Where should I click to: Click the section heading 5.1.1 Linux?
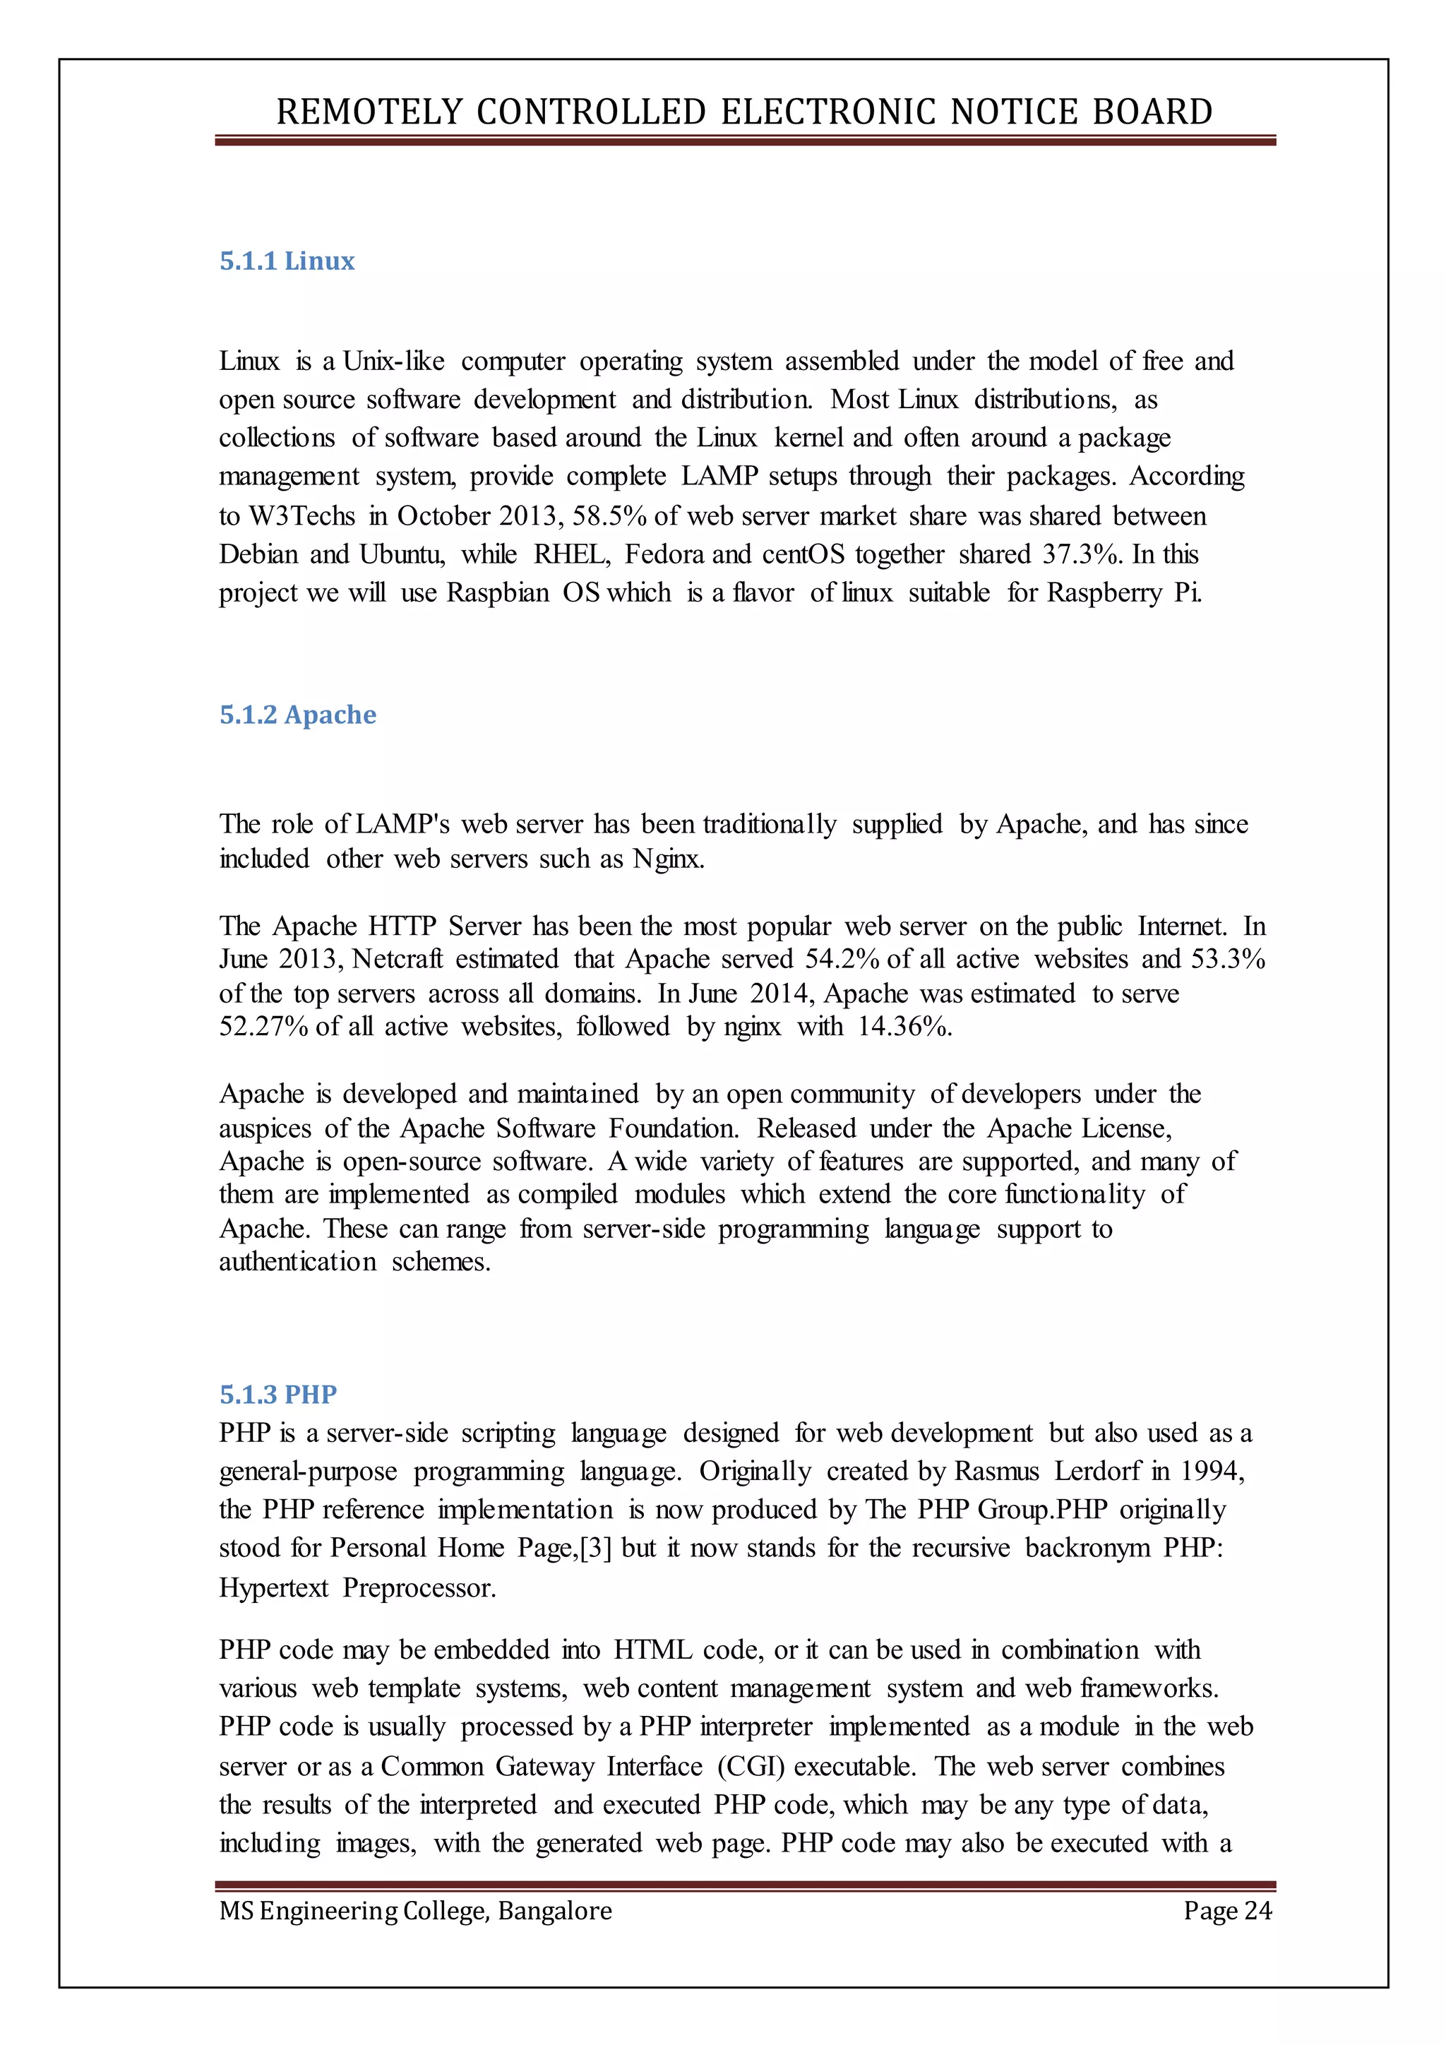(287, 261)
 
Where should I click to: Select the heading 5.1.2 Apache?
(297, 715)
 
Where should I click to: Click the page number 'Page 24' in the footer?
(1227, 1911)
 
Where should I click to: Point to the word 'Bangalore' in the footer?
(555, 1911)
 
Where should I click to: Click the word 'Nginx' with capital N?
(668, 859)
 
